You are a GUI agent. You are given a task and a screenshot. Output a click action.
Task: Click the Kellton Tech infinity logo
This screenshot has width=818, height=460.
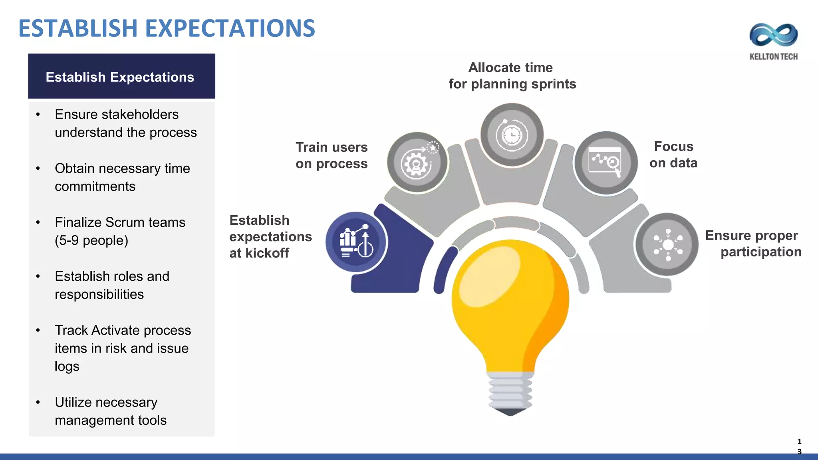pyautogui.click(x=773, y=35)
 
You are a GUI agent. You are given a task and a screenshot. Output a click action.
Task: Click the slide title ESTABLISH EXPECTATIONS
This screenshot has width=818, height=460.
pyautogui.click(x=167, y=28)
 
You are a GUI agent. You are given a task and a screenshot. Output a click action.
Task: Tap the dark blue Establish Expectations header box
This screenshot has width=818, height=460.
pyautogui.click(x=121, y=76)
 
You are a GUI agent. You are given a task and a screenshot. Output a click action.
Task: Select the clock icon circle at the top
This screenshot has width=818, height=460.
pyautogui.click(x=512, y=135)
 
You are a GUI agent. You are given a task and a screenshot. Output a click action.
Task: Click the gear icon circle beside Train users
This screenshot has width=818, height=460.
pyautogui.click(x=417, y=163)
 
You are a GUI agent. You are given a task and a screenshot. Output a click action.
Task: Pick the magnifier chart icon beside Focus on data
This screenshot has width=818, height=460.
pyautogui.click(x=606, y=163)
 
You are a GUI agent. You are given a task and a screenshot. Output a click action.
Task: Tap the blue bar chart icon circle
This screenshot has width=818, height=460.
pyautogui.click(x=356, y=242)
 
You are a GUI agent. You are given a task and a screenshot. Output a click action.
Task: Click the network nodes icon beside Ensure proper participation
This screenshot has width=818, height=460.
pyautogui.click(x=667, y=244)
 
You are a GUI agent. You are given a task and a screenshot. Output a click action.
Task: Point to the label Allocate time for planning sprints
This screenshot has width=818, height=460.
pyautogui.click(x=512, y=76)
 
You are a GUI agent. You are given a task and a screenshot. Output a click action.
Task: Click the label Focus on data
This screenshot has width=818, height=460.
pyautogui.click(x=673, y=155)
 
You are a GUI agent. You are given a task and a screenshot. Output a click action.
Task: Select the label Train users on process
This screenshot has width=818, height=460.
pyautogui.click(x=331, y=155)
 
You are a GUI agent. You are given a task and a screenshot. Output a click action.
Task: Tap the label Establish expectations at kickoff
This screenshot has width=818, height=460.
pyautogui.click(x=270, y=236)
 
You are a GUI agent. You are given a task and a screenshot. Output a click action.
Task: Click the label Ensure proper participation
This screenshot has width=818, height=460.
pyautogui.click(x=753, y=244)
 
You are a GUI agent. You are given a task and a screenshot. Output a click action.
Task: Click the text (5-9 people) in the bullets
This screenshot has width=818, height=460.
pyautogui.click(x=91, y=240)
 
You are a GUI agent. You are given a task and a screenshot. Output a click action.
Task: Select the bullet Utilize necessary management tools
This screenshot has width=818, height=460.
pyautogui.click(x=110, y=411)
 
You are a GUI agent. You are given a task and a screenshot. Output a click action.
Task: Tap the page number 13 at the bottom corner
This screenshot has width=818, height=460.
pyautogui.click(x=799, y=446)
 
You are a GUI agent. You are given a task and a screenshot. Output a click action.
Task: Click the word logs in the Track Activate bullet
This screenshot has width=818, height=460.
pyautogui.click(x=67, y=367)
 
